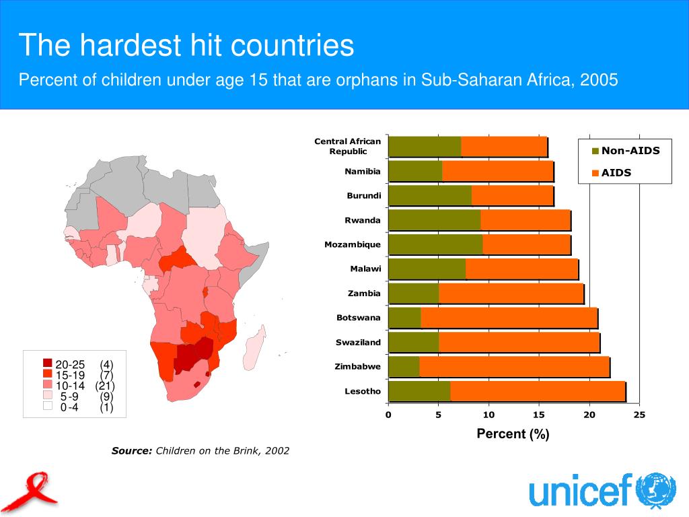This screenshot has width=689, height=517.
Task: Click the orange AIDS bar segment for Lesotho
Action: [x=538, y=391]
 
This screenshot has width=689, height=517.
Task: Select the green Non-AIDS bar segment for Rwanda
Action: [x=434, y=220]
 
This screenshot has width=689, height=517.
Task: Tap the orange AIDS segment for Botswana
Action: [x=509, y=318]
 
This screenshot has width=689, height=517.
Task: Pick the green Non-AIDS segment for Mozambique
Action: [x=435, y=244]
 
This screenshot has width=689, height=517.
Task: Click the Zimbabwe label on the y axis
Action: [x=357, y=367]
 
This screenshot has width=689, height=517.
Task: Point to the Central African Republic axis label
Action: [x=347, y=146]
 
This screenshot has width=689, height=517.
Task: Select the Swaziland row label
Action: [x=358, y=343]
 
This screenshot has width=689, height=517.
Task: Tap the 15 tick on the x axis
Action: [x=539, y=415]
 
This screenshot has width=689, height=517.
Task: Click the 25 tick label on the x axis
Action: [x=639, y=415]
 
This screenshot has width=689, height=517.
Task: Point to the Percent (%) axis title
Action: [x=513, y=434]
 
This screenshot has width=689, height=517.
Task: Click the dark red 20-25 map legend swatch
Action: [x=47, y=364]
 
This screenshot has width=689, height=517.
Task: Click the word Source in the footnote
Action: [x=132, y=451]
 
